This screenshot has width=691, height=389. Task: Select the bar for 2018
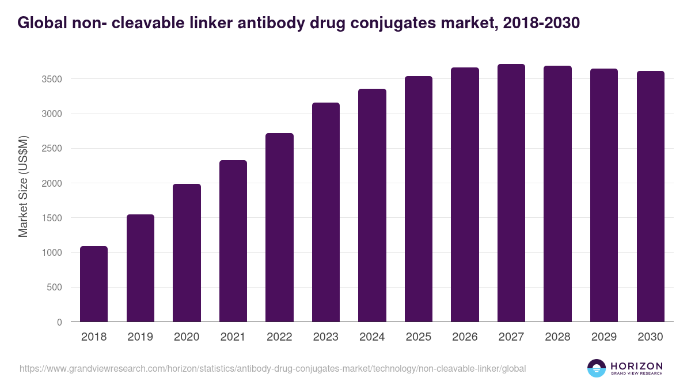tap(94, 284)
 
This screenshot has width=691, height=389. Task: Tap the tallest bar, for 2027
tap(511, 193)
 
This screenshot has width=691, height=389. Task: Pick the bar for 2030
tap(651, 197)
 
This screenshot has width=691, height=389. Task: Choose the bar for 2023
tap(326, 212)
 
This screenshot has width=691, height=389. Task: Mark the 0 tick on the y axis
tap(59, 322)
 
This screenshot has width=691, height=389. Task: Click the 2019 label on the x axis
tap(141, 337)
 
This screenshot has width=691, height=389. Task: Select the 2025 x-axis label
tap(419, 337)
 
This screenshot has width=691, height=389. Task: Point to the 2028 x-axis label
tap(557, 337)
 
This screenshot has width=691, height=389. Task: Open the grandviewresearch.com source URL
tap(273, 368)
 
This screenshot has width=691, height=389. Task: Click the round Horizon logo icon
tap(597, 368)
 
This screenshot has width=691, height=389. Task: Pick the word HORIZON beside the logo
tap(637, 365)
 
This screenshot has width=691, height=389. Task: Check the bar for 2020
tap(187, 253)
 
